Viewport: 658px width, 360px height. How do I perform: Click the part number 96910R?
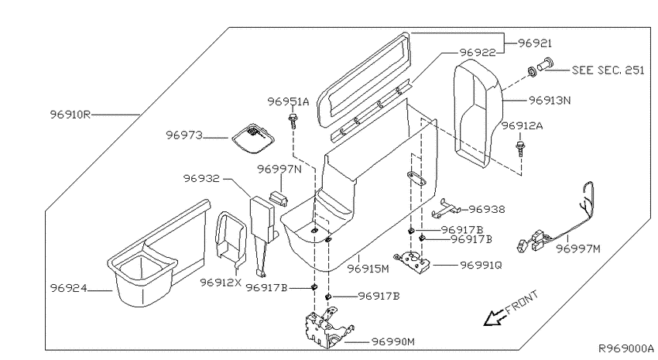click(x=70, y=114)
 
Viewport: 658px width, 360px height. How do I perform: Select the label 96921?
click(x=535, y=43)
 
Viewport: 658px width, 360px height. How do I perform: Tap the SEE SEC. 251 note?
click(x=608, y=70)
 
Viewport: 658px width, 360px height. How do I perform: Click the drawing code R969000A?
click(x=625, y=348)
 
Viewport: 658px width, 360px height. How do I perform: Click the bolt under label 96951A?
click(x=293, y=121)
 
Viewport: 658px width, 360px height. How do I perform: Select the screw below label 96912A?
click(x=520, y=149)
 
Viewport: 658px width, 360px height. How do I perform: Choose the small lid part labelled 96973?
click(x=253, y=139)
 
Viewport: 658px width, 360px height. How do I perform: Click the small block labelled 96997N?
click(x=278, y=197)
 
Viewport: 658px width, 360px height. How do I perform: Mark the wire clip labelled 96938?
click(x=446, y=208)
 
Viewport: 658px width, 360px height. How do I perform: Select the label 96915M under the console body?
click(x=368, y=269)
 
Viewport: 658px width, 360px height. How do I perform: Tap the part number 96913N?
click(x=550, y=101)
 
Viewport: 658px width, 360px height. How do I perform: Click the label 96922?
click(x=478, y=53)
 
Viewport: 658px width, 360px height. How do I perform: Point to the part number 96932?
click(x=201, y=178)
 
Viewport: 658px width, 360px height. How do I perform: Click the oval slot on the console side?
click(x=416, y=178)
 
